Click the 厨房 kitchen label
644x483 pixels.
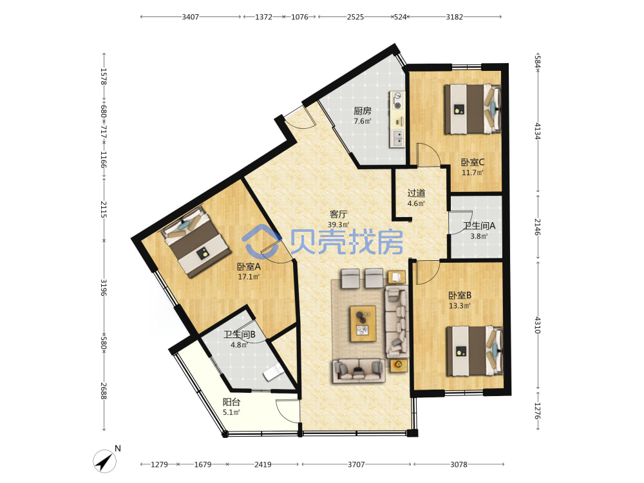click(x=363, y=111)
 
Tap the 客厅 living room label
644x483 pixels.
click(x=339, y=214)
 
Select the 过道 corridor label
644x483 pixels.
click(x=416, y=193)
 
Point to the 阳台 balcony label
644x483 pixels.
click(x=231, y=402)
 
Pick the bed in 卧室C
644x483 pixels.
click(x=472, y=109)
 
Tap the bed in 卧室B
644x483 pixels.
click(x=475, y=350)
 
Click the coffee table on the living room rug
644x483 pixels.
click(x=363, y=323)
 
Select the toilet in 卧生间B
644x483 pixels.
click(x=273, y=372)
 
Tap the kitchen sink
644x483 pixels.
click(x=397, y=138)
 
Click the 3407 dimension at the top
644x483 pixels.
click(x=191, y=17)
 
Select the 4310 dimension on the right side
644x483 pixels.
click(x=538, y=325)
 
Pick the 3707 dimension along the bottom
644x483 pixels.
click(x=356, y=464)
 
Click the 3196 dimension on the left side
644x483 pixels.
click(x=104, y=287)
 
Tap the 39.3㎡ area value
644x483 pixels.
click(x=339, y=225)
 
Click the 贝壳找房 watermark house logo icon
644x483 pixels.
click(x=261, y=240)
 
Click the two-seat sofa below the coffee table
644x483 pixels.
click(x=359, y=370)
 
